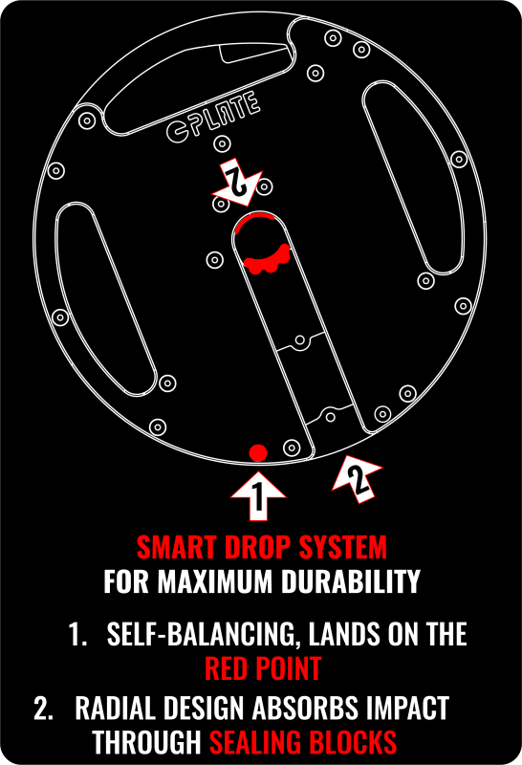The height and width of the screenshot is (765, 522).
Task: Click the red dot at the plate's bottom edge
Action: pos(256,452)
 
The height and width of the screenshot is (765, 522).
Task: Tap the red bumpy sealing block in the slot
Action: pos(269,257)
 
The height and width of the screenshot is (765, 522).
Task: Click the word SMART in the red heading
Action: pos(169,549)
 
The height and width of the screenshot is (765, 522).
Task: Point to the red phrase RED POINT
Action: pos(263,667)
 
